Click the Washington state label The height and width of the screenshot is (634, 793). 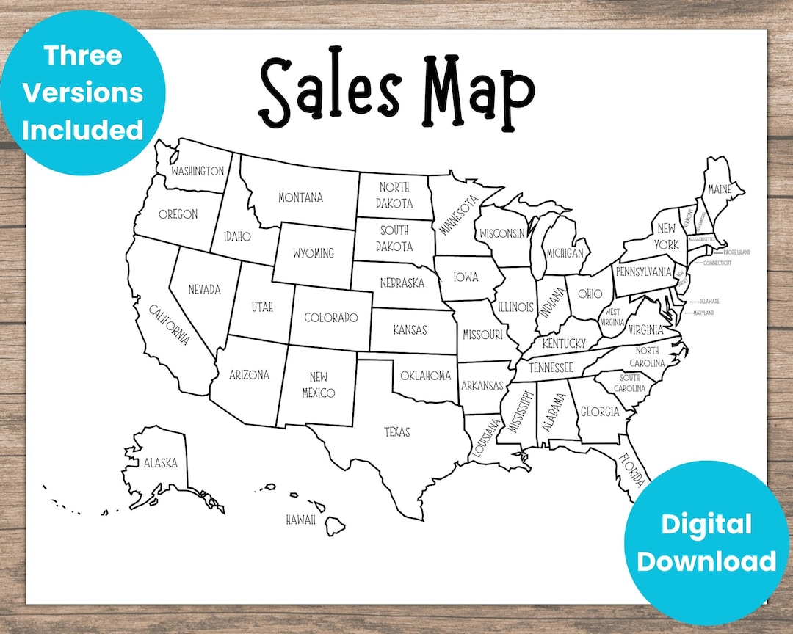click(197, 171)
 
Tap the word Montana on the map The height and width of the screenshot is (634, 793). click(300, 197)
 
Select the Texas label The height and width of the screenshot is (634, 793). click(397, 432)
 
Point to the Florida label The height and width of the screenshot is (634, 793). click(631, 470)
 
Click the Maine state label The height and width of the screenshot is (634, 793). click(720, 189)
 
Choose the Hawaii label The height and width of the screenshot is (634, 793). click(301, 520)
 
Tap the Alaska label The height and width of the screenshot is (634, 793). click(160, 463)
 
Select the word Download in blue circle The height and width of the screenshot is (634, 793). click(706, 561)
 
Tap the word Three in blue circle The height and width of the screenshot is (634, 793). click(82, 54)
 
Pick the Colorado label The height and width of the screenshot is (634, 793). click(330, 318)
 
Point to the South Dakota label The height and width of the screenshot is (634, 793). click(394, 238)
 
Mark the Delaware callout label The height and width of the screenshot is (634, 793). click(709, 302)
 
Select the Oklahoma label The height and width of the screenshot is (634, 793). click(426, 376)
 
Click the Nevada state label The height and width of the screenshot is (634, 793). click(204, 289)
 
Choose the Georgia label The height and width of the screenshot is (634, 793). click(600, 412)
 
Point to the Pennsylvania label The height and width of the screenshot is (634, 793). click(644, 272)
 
